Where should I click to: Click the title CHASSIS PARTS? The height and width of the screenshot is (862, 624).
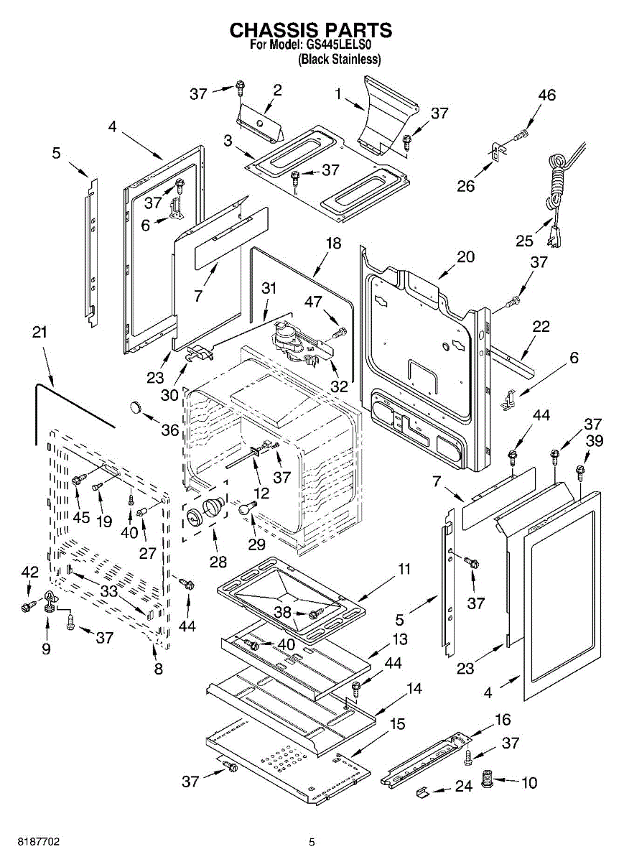[311, 30]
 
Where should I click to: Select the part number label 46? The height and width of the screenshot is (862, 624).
[547, 96]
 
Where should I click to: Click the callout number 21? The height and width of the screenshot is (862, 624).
[40, 332]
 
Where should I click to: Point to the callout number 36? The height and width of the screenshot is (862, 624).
[169, 430]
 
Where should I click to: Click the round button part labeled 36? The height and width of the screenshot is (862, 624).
[136, 408]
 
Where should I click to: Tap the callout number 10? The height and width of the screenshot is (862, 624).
[528, 782]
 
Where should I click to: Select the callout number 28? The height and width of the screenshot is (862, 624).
[218, 561]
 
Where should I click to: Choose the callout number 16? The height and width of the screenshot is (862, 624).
[503, 719]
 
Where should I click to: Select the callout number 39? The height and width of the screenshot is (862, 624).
[593, 440]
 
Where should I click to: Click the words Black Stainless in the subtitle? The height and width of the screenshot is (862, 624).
[339, 60]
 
